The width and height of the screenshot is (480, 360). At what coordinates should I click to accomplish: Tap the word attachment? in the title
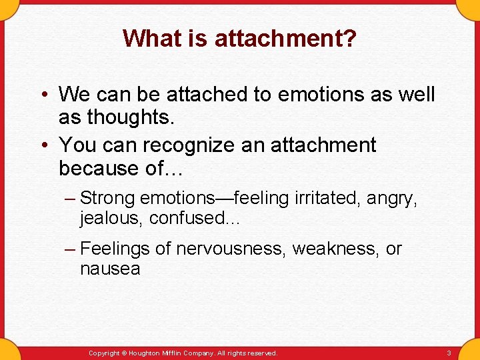coord(285,39)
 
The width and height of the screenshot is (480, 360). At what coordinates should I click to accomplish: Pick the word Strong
coord(107,198)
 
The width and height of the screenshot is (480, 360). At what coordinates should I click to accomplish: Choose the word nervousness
coord(230,249)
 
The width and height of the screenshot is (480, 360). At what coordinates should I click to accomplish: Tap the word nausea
coord(110,269)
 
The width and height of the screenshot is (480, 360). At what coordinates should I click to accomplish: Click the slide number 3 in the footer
coord(449,353)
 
